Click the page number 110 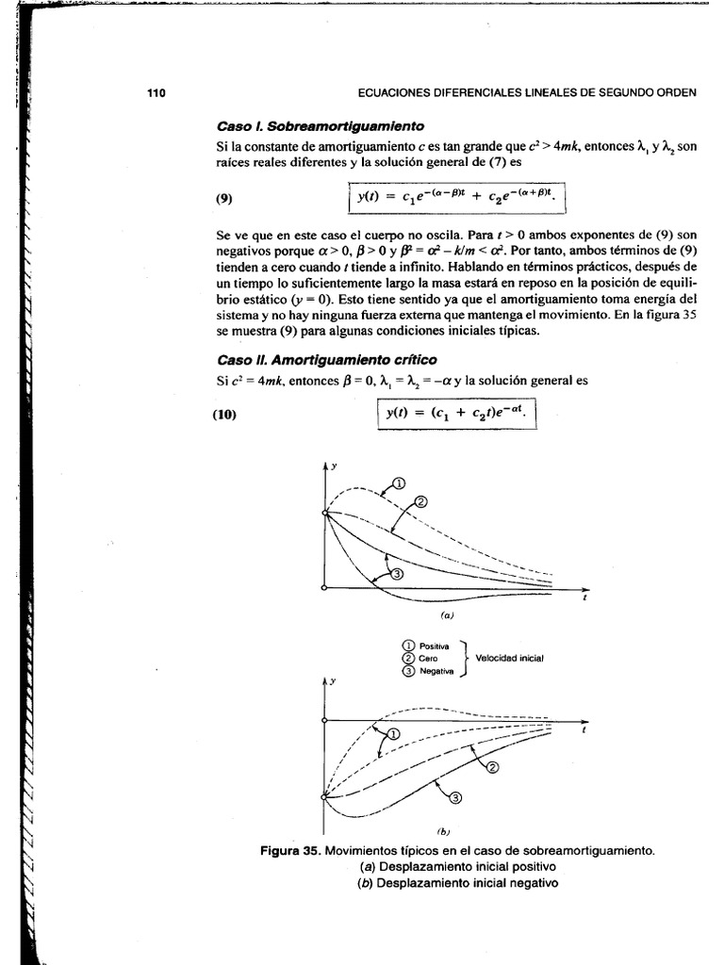pyautogui.click(x=156, y=92)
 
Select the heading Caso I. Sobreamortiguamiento pyautogui.click(x=320, y=126)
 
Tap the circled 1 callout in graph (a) pyautogui.click(x=399, y=482)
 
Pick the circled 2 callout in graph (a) pyautogui.click(x=420, y=501)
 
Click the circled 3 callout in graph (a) pyautogui.click(x=396, y=573)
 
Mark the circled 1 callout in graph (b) pyautogui.click(x=394, y=733)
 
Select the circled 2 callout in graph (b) pyautogui.click(x=491, y=766)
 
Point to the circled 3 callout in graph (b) pyautogui.click(x=456, y=799)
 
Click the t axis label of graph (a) pyautogui.click(x=585, y=599)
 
